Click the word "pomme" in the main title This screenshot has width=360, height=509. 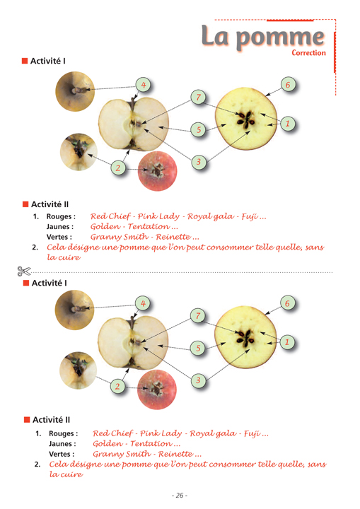pyautogui.click(x=280, y=38)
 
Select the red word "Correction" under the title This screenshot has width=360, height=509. pyautogui.click(x=308, y=52)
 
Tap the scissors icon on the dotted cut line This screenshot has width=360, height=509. pyautogui.click(x=24, y=271)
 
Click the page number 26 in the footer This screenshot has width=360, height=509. pyautogui.click(x=180, y=496)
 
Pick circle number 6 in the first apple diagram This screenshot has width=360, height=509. pyautogui.click(x=288, y=85)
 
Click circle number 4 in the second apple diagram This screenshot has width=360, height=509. pyautogui.click(x=143, y=303)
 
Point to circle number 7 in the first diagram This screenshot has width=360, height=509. pyautogui.click(x=199, y=97)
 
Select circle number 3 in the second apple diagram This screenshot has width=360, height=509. pyautogui.click(x=198, y=380)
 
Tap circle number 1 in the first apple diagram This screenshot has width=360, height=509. pyautogui.click(x=287, y=124)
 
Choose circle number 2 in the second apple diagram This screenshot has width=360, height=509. pyautogui.click(x=117, y=386)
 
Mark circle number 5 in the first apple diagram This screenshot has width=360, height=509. pyautogui.click(x=199, y=130)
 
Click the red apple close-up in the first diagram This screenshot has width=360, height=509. pyautogui.click(x=158, y=171)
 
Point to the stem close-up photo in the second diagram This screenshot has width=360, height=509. pyautogui.click(x=75, y=310)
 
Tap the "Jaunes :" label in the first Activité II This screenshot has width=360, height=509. pyautogui.click(x=60, y=227)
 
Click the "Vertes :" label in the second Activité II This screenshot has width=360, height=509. pyautogui.click(x=62, y=454)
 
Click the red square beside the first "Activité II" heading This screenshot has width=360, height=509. pyautogui.click(x=25, y=204)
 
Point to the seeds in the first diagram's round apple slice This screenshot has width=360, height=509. pyautogui.click(x=245, y=119)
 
